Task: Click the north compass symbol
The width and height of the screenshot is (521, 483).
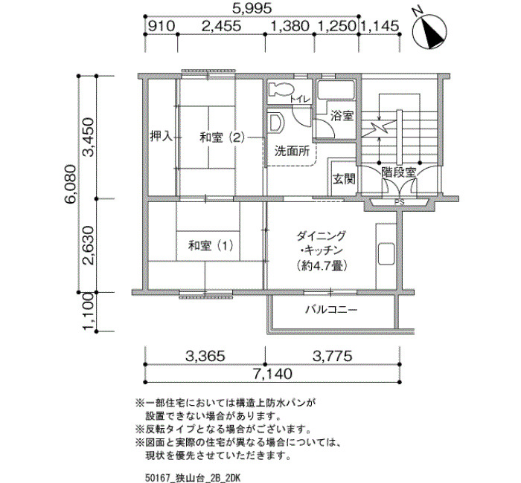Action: click(x=429, y=32)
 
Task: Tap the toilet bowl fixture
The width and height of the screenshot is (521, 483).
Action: click(x=282, y=89)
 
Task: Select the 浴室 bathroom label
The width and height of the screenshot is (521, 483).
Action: click(x=342, y=116)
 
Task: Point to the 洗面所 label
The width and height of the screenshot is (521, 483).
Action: click(x=292, y=152)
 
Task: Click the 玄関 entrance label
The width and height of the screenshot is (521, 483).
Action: click(x=344, y=179)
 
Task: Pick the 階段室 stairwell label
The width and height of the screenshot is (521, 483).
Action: click(x=399, y=172)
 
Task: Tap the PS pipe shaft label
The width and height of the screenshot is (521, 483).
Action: click(x=400, y=201)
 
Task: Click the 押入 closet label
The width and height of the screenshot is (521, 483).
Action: click(x=162, y=136)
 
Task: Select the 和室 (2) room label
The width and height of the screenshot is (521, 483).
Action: click(x=222, y=137)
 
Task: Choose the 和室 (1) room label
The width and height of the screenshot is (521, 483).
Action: click(x=211, y=246)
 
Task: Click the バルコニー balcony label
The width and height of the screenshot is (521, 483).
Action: click(x=331, y=310)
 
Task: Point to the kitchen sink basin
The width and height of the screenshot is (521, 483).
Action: click(x=386, y=254)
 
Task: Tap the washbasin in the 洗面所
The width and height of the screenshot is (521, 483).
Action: click(x=276, y=123)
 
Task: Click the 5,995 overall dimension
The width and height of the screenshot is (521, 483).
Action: click(x=252, y=8)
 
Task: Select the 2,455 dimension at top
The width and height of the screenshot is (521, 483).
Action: click(x=221, y=26)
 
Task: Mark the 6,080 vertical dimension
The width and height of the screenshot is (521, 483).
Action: click(x=71, y=184)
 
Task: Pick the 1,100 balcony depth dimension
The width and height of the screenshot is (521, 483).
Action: click(x=89, y=311)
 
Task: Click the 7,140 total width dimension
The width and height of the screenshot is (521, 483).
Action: click(x=272, y=374)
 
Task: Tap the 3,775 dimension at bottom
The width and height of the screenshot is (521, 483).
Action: click(x=332, y=356)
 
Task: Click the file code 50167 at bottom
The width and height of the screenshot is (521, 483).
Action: click(x=158, y=478)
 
